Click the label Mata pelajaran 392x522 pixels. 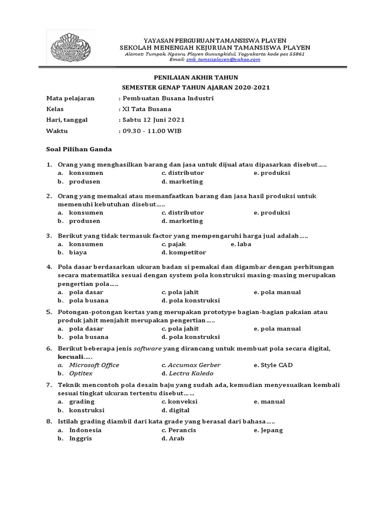point(70,99)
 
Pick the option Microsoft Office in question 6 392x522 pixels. point(94,365)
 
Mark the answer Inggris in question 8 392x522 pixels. point(81,439)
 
